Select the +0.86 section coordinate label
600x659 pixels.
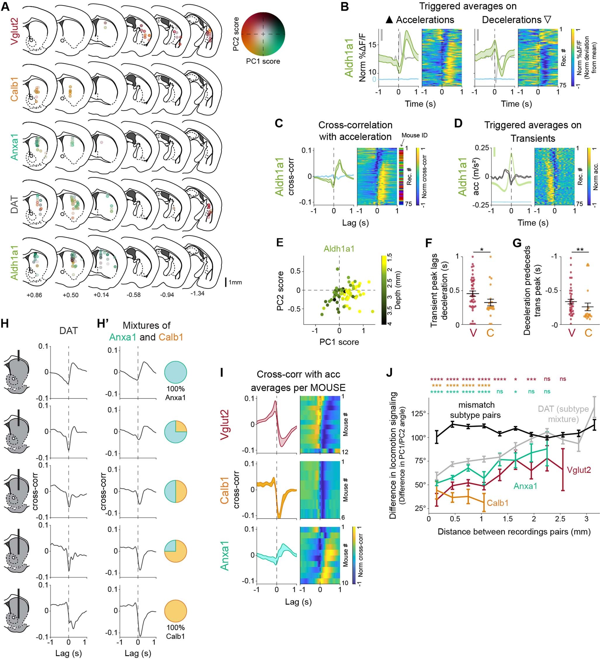pyautogui.click(x=34, y=295)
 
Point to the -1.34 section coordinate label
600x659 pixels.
pyautogui.click(x=198, y=293)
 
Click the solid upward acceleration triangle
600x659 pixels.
pyautogui.click(x=389, y=20)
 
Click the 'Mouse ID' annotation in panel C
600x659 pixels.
pyautogui.click(x=415, y=135)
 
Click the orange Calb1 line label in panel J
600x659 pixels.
pyautogui.click(x=497, y=503)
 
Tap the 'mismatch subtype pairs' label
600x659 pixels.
pyautogui.click(x=476, y=410)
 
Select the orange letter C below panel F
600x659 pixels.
pyautogui.click(x=490, y=333)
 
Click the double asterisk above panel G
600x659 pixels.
pyautogui.click(x=580, y=250)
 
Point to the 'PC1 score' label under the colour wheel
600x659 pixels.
pyautogui.click(x=263, y=61)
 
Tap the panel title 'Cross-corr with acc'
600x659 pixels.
pyautogui.click(x=298, y=375)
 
